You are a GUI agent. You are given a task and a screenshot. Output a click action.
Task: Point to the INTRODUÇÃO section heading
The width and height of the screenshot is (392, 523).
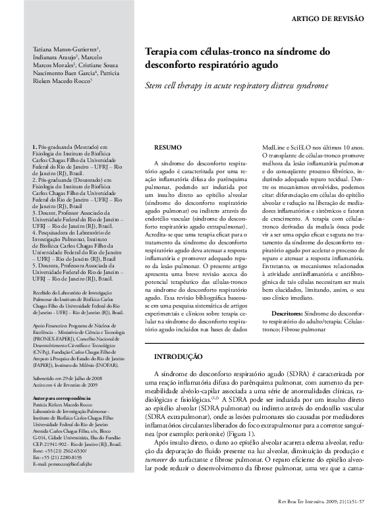(x=178, y=356)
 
